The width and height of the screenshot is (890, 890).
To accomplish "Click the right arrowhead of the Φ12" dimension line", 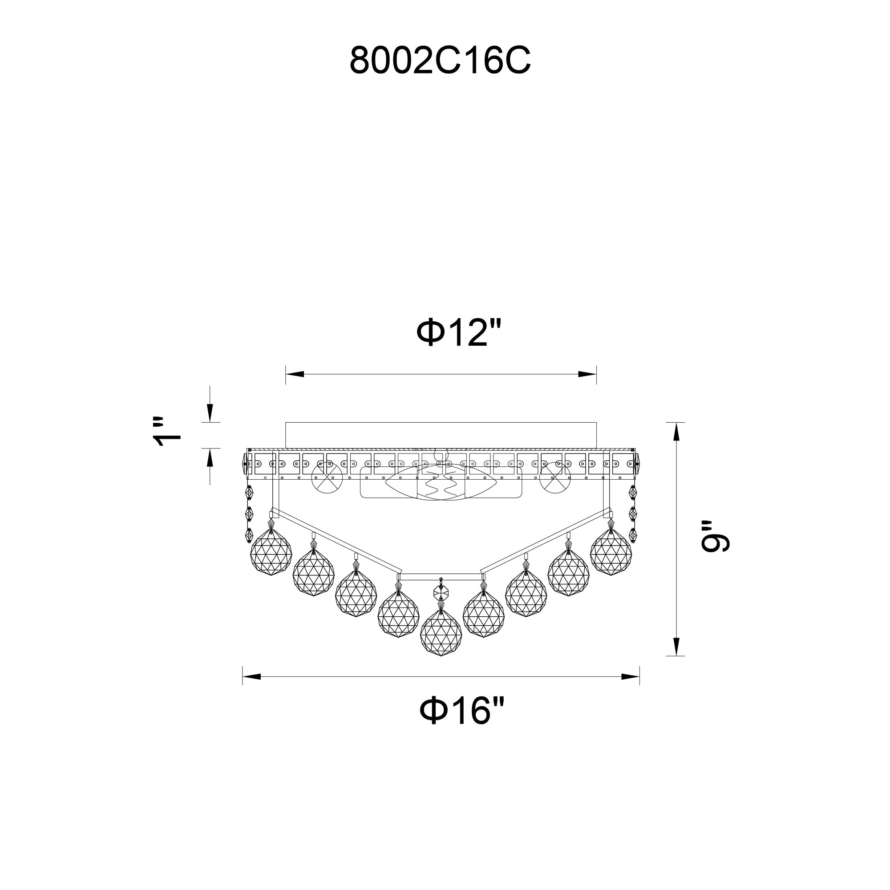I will (x=587, y=374).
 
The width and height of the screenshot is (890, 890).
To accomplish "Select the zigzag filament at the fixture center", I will (x=441, y=486).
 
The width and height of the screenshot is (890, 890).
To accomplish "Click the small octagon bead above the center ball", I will (x=441, y=590).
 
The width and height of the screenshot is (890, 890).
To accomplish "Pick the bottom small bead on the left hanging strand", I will (x=249, y=535).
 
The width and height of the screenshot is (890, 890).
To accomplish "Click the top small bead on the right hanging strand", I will (x=632, y=493).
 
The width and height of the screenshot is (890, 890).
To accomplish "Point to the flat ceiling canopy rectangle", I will (x=441, y=434).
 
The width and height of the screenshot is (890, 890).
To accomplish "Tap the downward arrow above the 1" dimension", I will (x=210, y=411).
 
